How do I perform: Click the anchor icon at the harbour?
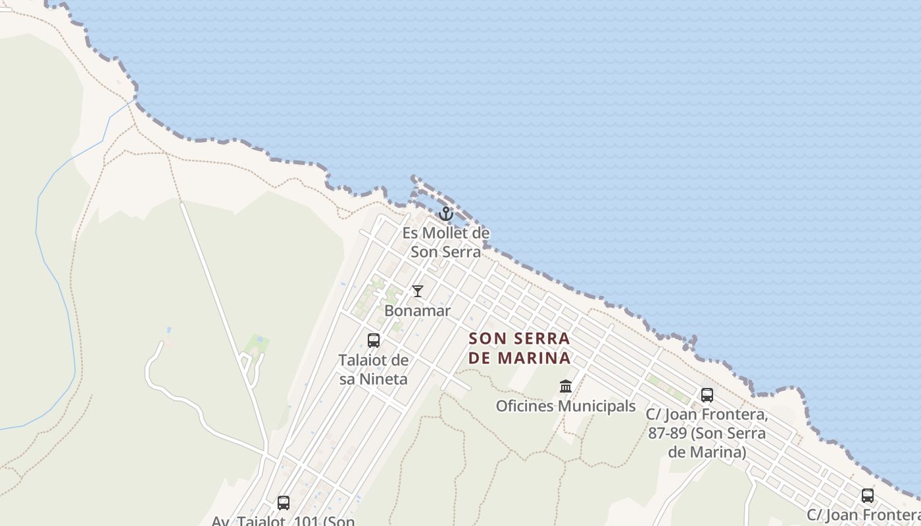446,214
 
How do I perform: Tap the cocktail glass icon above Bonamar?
418,291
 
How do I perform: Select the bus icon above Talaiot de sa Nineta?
374,341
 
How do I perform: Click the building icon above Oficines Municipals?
566,386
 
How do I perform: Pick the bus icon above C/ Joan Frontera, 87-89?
707,395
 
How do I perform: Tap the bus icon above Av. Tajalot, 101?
284,503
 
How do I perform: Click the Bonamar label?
418,310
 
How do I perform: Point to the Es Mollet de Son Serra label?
446,242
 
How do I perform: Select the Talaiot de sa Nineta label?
373,370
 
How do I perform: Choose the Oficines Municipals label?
566,406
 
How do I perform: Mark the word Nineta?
383,379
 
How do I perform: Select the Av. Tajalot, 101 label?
283,521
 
